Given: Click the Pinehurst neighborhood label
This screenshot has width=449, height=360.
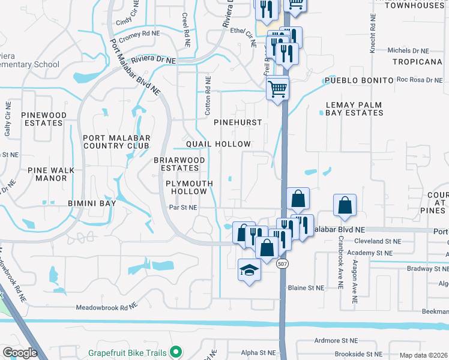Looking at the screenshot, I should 238,122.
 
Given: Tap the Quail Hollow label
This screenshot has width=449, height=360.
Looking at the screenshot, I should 218,145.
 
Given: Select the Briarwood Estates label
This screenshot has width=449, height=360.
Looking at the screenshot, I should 179,164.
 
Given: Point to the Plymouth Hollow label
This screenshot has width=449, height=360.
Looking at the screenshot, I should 186,187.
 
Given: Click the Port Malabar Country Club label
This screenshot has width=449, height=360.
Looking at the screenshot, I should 116,142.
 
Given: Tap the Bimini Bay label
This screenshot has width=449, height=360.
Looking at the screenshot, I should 91,204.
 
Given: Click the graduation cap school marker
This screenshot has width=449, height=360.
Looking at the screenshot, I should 250,271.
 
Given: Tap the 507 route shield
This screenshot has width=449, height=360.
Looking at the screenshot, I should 282,263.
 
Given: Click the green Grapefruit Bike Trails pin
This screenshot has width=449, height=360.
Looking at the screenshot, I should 175,352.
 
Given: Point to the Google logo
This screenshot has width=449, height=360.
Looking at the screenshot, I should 20,353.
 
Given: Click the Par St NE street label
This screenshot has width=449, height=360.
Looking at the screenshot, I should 183,208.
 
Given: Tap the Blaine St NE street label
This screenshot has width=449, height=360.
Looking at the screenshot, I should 306,288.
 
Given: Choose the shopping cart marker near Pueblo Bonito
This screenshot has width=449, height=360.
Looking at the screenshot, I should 277,89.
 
